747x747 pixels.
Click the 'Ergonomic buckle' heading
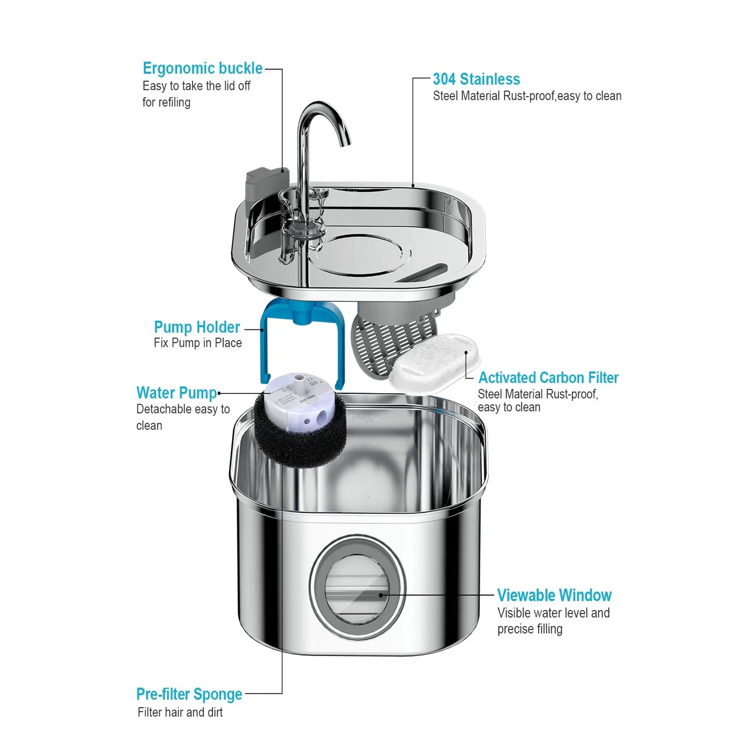(x=202, y=68)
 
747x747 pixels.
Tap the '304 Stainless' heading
(x=476, y=79)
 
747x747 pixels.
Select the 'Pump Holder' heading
(x=196, y=327)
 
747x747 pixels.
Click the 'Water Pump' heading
(x=176, y=393)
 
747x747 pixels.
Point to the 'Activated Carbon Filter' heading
(x=548, y=377)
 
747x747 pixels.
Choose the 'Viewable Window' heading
(x=554, y=595)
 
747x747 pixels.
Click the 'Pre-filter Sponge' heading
(x=189, y=694)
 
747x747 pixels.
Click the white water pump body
(x=295, y=403)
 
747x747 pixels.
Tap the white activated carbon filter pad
(x=434, y=362)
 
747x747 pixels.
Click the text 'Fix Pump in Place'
(x=197, y=343)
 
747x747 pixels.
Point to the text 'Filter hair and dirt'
(x=180, y=712)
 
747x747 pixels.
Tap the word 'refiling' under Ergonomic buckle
(x=173, y=102)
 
